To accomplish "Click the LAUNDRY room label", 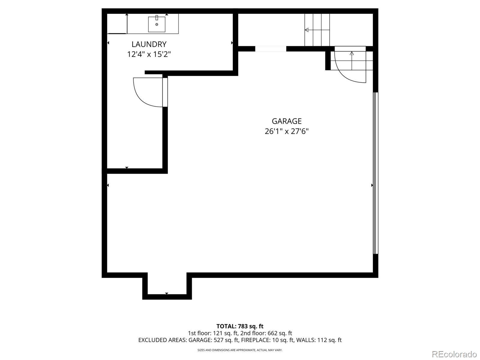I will click(x=149, y=44).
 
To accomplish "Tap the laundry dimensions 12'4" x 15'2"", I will click(x=149, y=54).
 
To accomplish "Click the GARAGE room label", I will click(x=286, y=121).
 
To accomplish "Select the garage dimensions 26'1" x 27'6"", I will click(x=286, y=131).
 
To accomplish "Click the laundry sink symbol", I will click(x=157, y=24).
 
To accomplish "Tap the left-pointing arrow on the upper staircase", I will click(x=307, y=30).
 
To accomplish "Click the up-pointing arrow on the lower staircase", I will click(x=352, y=53).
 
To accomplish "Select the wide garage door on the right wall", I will click(x=375, y=173).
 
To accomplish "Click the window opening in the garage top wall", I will click(x=271, y=49).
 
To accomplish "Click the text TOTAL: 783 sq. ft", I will click(x=240, y=326).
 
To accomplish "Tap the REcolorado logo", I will click(x=454, y=354).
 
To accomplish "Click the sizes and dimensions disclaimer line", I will click(x=240, y=350).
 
